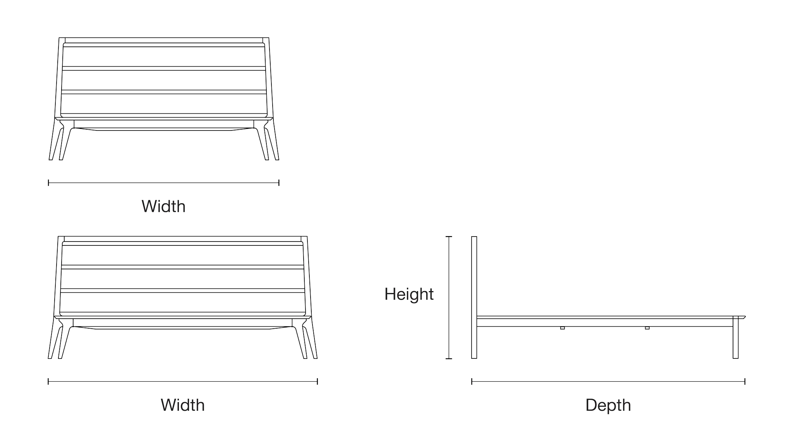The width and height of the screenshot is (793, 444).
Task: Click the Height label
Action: (x=409, y=294)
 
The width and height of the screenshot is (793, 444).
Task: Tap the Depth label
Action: (x=608, y=406)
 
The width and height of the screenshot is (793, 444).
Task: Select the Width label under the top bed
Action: (x=163, y=206)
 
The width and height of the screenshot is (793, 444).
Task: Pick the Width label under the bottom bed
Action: (x=183, y=405)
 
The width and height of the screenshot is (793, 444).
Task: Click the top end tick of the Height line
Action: (x=449, y=237)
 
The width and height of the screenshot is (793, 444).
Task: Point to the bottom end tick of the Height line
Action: (x=449, y=358)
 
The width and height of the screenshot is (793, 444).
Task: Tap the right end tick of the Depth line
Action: (x=745, y=382)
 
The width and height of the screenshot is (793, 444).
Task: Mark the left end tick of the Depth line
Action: (x=472, y=382)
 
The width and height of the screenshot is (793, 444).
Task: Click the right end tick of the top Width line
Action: (x=279, y=183)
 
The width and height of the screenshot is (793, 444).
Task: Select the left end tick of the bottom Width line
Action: (x=48, y=382)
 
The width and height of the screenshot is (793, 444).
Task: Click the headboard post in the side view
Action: (x=474, y=297)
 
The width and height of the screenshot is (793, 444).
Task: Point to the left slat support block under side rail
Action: (x=562, y=328)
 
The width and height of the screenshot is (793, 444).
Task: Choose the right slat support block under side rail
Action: (x=647, y=328)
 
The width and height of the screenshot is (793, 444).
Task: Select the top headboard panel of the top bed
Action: (x=164, y=57)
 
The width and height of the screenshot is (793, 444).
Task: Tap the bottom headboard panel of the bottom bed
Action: (x=182, y=302)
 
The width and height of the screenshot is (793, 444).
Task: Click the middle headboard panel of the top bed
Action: (x=164, y=80)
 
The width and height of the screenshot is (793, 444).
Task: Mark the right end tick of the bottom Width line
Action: (x=317, y=382)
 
